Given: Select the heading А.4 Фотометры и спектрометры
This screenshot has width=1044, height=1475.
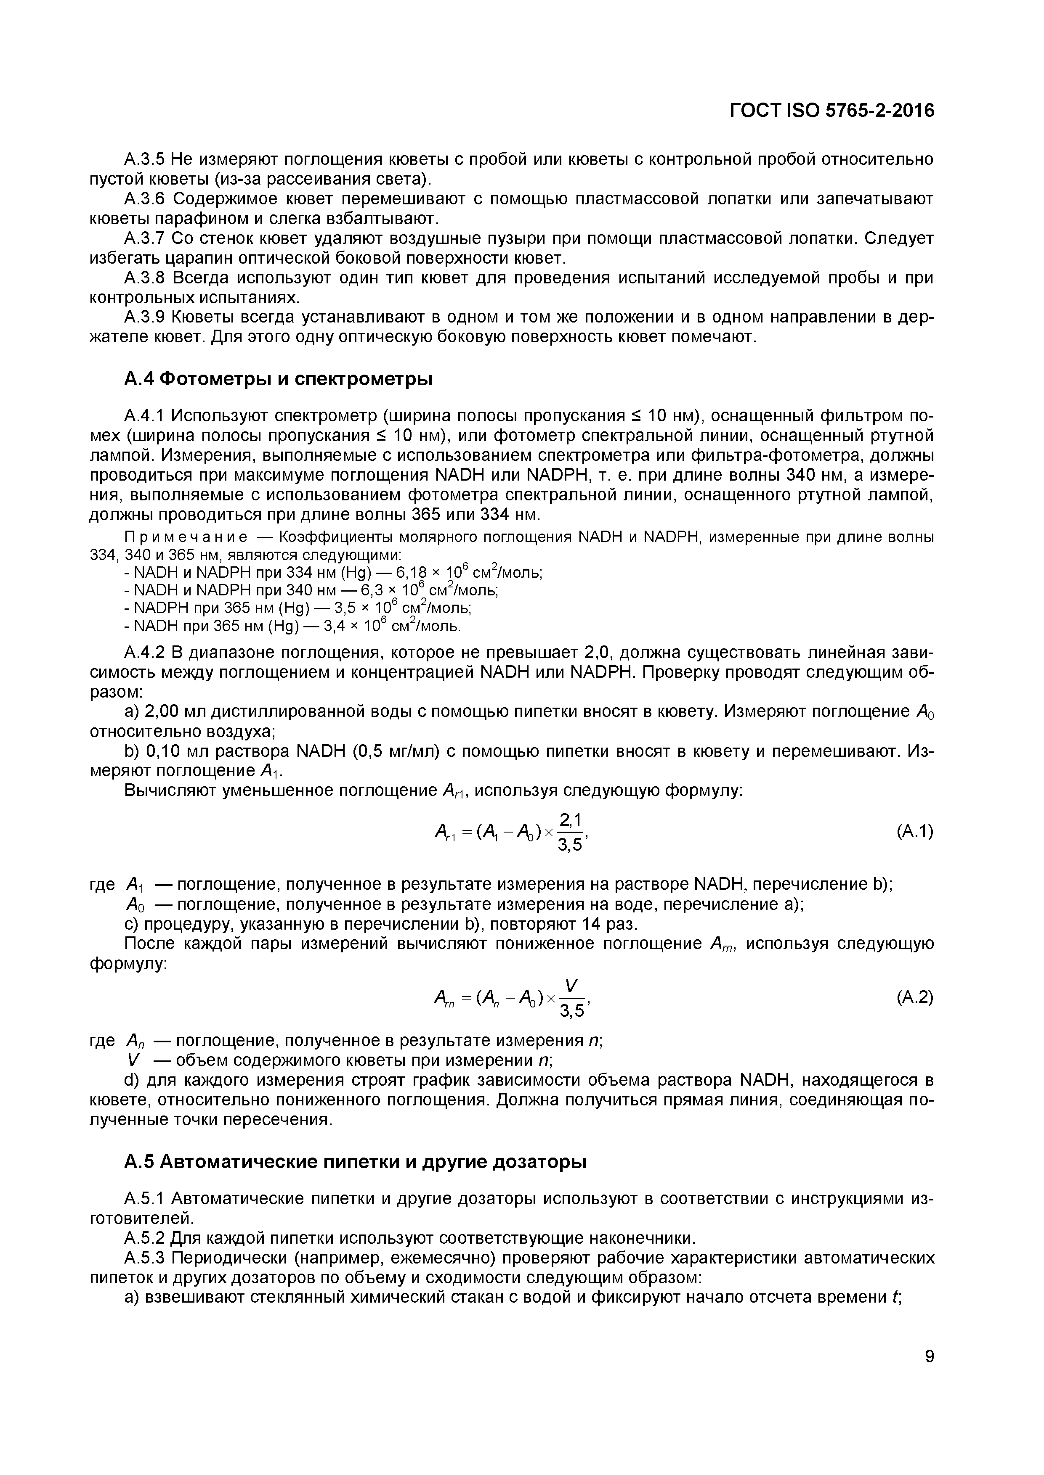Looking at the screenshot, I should pos(278,379).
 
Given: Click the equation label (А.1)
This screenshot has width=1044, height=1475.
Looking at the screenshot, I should pos(914,831).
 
